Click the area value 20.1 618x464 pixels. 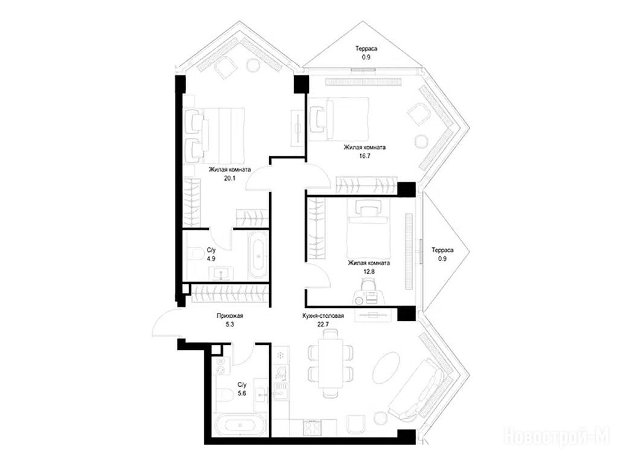(229, 178)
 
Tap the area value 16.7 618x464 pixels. (365, 155)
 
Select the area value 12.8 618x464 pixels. (369, 271)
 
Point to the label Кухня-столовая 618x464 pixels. (323, 315)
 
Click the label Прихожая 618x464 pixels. (230, 315)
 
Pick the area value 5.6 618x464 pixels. (242, 393)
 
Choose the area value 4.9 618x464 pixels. (211, 259)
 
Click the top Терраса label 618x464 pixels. (366, 48)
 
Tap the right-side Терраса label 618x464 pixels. (442, 250)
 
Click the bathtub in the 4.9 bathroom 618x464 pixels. (258, 256)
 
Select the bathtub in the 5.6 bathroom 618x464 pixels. (240, 425)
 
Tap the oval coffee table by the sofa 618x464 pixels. (386, 366)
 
